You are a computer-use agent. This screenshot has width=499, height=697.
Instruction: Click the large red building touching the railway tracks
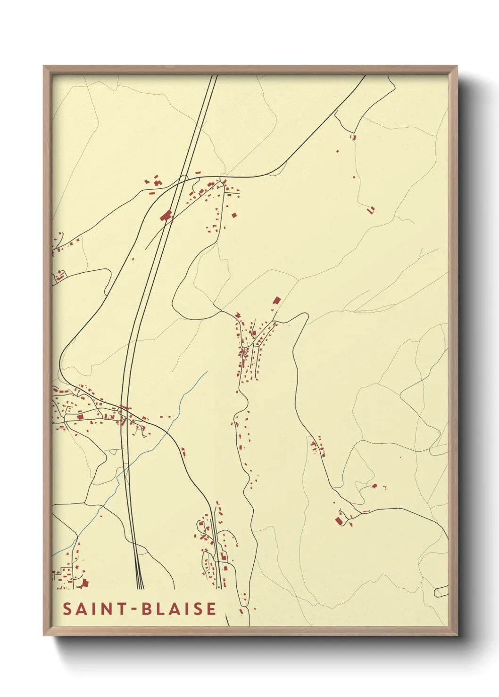(x=166, y=216)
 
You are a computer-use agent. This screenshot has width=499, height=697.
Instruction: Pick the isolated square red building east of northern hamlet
(x=234, y=215)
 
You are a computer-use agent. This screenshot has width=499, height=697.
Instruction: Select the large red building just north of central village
(x=277, y=300)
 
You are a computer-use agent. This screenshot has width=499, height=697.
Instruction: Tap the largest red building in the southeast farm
(x=338, y=520)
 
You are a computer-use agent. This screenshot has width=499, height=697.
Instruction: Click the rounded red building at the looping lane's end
(x=374, y=486)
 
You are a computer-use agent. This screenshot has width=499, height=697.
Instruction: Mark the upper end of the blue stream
(x=207, y=372)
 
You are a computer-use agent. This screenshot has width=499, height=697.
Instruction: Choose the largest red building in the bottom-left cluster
(x=85, y=583)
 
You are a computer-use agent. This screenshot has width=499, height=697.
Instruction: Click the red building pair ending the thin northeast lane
(x=371, y=210)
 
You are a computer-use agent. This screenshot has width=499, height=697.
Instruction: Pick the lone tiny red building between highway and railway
(x=133, y=259)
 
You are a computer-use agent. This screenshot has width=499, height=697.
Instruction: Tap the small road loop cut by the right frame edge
(x=441, y=592)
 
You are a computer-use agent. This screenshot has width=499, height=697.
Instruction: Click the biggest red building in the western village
(x=80, y=416)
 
